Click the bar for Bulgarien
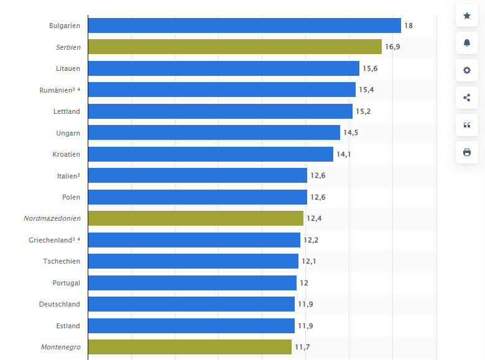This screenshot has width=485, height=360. (x=244, y=25)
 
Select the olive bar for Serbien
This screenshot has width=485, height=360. (x=234, y=47)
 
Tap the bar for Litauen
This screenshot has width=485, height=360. (x=223, y=68)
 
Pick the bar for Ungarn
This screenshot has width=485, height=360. (x=214, y=132)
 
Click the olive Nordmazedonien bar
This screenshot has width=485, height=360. (x=195, y=218)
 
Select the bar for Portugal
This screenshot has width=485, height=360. (x=192, y=283)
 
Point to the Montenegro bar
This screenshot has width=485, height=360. (x=190, y=347)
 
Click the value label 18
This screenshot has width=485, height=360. (x=409, y=25)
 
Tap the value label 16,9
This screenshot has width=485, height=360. (x=392, y=47)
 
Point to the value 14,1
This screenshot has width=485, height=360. (x=344, y=154)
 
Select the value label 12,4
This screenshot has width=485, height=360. (x=314, y=218)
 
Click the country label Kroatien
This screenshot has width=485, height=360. (x=67, y=154)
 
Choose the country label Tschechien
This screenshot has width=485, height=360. (x=62, y=261)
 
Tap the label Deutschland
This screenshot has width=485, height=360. (x=60, y=304)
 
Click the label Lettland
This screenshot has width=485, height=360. (x=67, y=111)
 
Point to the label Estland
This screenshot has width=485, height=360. (x=68, y=326)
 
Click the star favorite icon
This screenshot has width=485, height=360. (x=467, y=16)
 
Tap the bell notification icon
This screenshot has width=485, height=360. (x=467, y=43)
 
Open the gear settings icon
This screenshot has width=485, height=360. (x=467, y=70)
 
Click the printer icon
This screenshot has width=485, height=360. (x=467, y=152)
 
